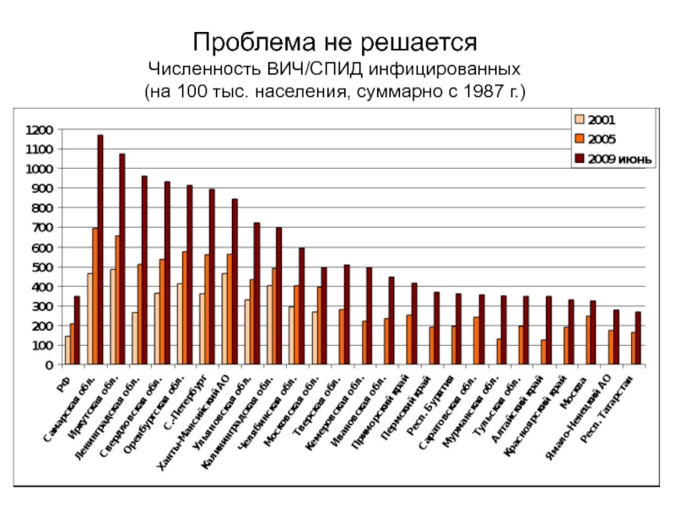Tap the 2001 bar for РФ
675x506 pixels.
pyautogui.click(x=67, y=350)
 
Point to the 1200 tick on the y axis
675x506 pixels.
pyautogui.click(x=40, y=130)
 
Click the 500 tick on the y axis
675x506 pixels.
pyautogui.click(x=43, y=267)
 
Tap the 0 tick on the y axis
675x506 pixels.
pyautogui.click(x=50, y=365)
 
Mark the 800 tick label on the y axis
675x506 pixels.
pyautogui.click(x=43, y=208)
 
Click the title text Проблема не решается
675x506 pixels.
pyautogui.click(x=336, y=40)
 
